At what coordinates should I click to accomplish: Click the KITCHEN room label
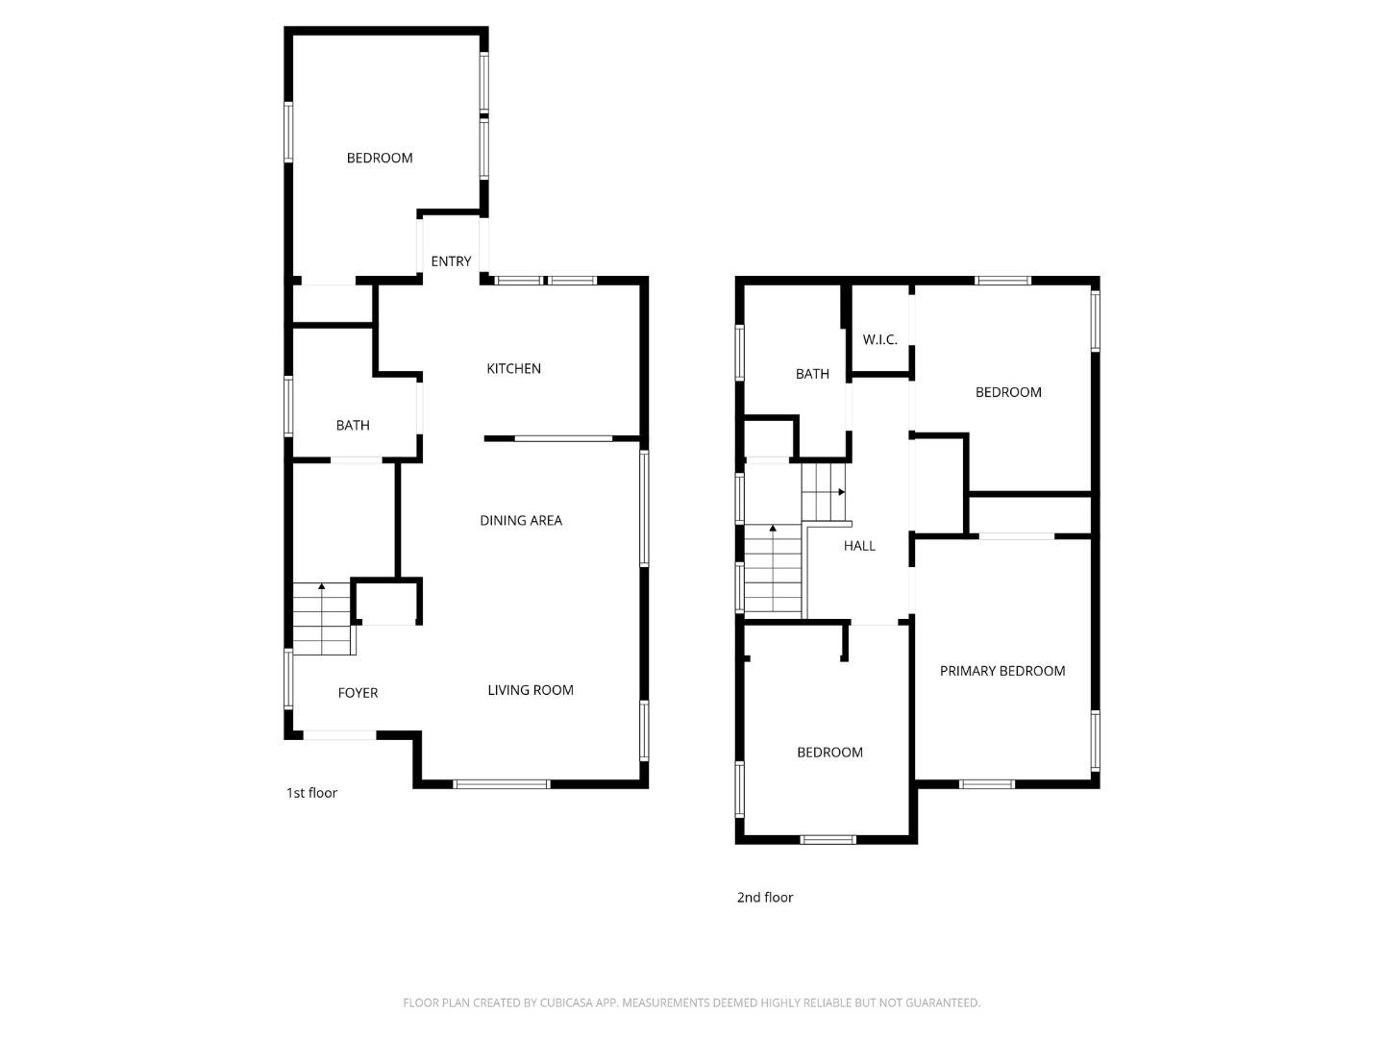(513, 369)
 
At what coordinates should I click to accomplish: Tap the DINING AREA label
(521, 521)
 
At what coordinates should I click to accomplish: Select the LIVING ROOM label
(530, 690)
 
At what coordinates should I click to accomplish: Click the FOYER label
(358, 693)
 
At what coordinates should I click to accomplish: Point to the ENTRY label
(451, 261)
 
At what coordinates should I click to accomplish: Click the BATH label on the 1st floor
(353, 426)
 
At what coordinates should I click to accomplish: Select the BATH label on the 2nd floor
(812, 374)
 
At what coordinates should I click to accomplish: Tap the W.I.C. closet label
(879, 340)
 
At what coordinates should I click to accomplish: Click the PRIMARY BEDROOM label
(1002, 671)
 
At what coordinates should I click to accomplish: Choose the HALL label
(859, 546)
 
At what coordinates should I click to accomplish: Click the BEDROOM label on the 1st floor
(380, 158)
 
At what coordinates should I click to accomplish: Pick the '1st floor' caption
(311, 793)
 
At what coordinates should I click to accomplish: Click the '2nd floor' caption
(765, 898)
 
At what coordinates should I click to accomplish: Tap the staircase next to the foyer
(322, 620)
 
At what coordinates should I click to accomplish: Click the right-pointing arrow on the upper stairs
(841, 492)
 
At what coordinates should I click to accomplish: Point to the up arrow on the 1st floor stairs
(322, 585)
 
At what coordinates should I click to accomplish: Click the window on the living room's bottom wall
(502, 784)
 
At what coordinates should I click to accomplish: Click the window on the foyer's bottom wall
(339, 735)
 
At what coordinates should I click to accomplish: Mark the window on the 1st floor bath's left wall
(288, 407)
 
